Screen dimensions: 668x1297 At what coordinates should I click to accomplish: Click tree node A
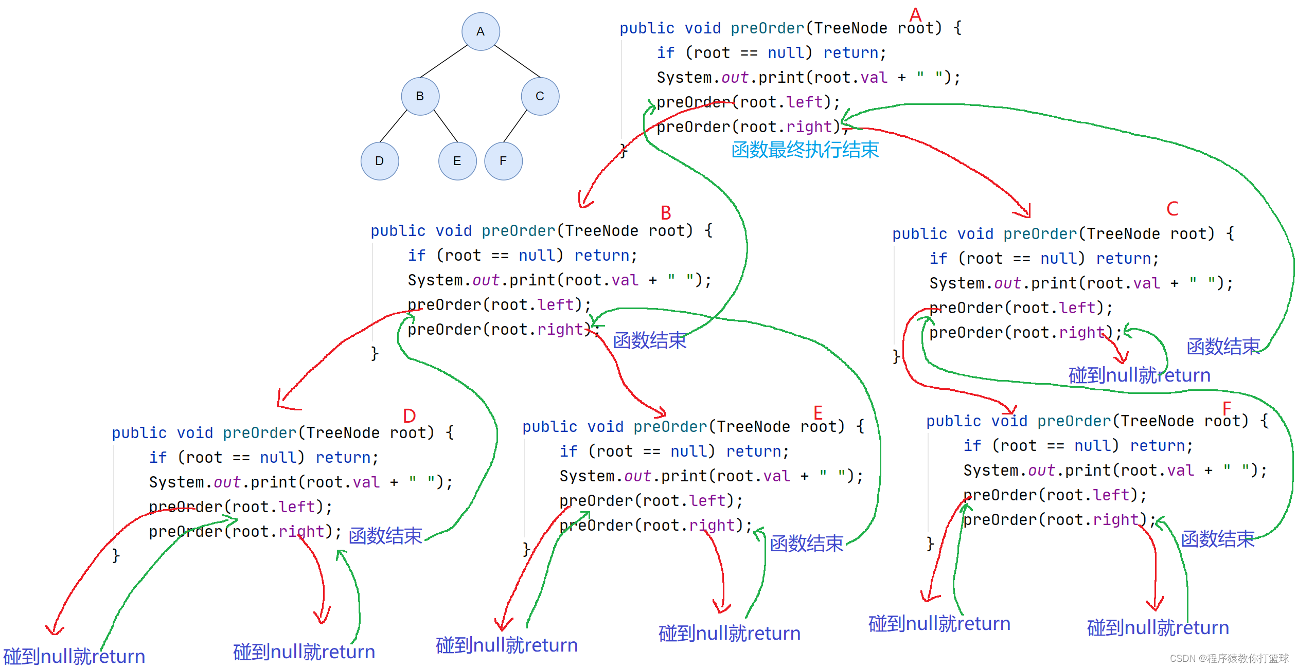point(481,31)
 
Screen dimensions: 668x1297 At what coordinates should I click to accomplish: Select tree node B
point(420,96)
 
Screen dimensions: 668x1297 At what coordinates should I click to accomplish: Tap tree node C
point(540,96)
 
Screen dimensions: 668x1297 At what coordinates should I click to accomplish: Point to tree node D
point(380,161)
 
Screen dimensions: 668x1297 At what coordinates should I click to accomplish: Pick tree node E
point(457,161)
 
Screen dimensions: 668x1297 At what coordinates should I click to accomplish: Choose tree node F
point(503,161)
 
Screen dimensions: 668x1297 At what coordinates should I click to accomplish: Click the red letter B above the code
point(666,212)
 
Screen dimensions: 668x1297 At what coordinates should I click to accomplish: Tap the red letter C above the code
point(1172,209)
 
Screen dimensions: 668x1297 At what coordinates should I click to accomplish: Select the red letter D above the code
point(410,416)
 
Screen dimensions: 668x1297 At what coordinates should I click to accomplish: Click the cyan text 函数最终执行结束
point(805,150)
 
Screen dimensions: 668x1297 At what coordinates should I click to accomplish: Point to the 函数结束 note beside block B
point(649,340)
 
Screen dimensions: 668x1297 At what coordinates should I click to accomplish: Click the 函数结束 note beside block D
point(385,536)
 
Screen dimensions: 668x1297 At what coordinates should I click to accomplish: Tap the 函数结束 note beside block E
point(806,543)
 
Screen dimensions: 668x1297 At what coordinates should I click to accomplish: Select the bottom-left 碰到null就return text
point(74,656)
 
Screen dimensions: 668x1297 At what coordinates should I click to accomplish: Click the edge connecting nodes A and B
point(444,61)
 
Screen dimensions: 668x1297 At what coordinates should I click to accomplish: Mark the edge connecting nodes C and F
point(515,125)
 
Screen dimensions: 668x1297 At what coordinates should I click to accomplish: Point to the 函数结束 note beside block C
point(1223,347)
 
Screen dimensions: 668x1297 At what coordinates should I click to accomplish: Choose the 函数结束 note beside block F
point(1217,539)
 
